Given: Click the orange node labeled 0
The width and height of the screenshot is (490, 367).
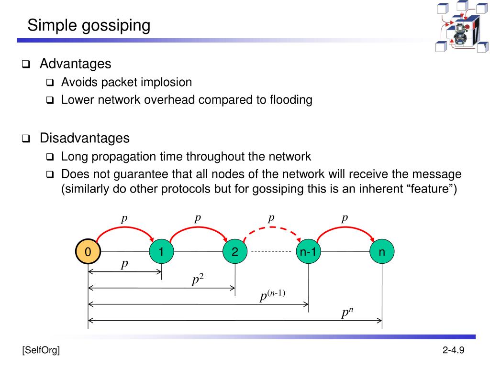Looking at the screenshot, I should click(88, 252).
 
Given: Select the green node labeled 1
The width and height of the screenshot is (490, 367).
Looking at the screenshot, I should click(161, 252).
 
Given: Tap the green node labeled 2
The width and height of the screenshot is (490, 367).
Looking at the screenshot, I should click(235, 252).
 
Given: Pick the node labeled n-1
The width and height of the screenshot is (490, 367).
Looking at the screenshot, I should click(308, 252).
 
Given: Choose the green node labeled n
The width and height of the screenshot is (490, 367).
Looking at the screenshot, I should click(382, 252).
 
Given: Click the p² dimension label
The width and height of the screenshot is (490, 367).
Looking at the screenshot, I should click(198, 280).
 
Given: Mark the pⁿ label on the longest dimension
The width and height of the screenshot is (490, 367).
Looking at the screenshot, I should click(347, 313).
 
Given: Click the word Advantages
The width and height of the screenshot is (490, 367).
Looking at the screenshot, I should click(75, 64).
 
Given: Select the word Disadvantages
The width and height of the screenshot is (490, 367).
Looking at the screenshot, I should click(84, 139).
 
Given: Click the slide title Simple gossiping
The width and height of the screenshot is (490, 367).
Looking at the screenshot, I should click(89, 25).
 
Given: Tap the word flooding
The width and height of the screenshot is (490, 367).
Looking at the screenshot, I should click(291, 100).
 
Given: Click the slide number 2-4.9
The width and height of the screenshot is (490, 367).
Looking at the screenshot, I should click(453, 351).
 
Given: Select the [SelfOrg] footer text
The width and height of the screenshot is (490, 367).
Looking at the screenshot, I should click(41, 351).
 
